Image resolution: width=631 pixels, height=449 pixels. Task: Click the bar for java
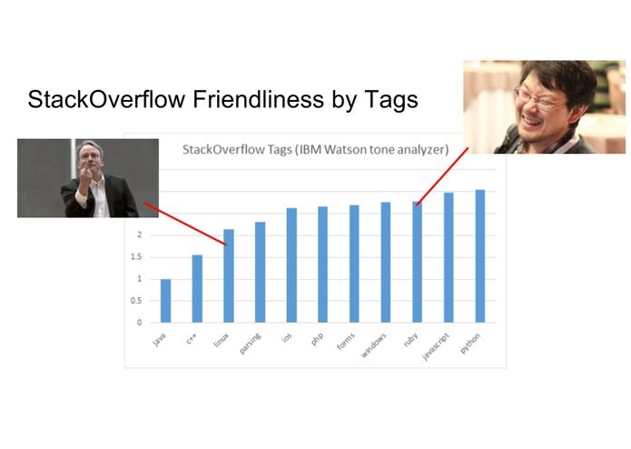165,301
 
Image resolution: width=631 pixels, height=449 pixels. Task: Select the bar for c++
197,289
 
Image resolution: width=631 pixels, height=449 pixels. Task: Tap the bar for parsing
260,273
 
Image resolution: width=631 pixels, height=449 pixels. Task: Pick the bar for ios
291,265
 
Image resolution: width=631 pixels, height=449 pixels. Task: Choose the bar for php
322,264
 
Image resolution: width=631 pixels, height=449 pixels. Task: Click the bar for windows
385,263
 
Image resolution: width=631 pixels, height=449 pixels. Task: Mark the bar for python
479,256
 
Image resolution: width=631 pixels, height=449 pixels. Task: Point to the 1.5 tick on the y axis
139,257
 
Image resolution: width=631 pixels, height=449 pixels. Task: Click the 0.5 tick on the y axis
139,301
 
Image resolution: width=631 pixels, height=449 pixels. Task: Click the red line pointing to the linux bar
186,224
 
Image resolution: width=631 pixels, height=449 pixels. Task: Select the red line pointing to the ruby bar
443,175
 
